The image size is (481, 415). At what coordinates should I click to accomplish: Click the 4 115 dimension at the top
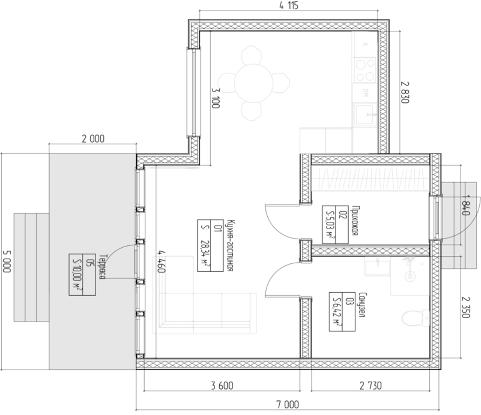(289, 6)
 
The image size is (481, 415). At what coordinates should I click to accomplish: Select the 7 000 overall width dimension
(288, 404)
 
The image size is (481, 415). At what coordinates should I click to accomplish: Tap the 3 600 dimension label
(222, 385)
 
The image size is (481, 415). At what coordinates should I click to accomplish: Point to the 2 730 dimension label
(370, 385)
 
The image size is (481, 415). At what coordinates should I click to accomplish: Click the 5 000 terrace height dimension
(7, 261)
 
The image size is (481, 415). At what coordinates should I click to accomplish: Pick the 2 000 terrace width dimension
(93, 139)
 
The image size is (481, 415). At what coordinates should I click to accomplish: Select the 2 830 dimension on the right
(405, 92)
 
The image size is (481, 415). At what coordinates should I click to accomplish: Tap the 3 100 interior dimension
(216, 98)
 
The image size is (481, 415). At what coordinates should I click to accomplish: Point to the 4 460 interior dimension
(161, 261)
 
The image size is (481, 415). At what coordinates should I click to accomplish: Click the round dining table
(254, 83)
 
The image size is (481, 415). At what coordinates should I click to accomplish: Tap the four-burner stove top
(365, 70)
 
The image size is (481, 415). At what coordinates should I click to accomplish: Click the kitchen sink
(366, 115)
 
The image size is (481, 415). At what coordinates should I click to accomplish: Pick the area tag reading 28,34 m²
(210, 246)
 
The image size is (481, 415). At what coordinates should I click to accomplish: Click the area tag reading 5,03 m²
(335, 225)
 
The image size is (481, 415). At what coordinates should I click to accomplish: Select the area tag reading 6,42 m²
(342, 312)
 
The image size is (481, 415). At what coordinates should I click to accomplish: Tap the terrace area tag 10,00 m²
(82, 275)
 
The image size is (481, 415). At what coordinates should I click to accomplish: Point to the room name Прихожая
(355, 221)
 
